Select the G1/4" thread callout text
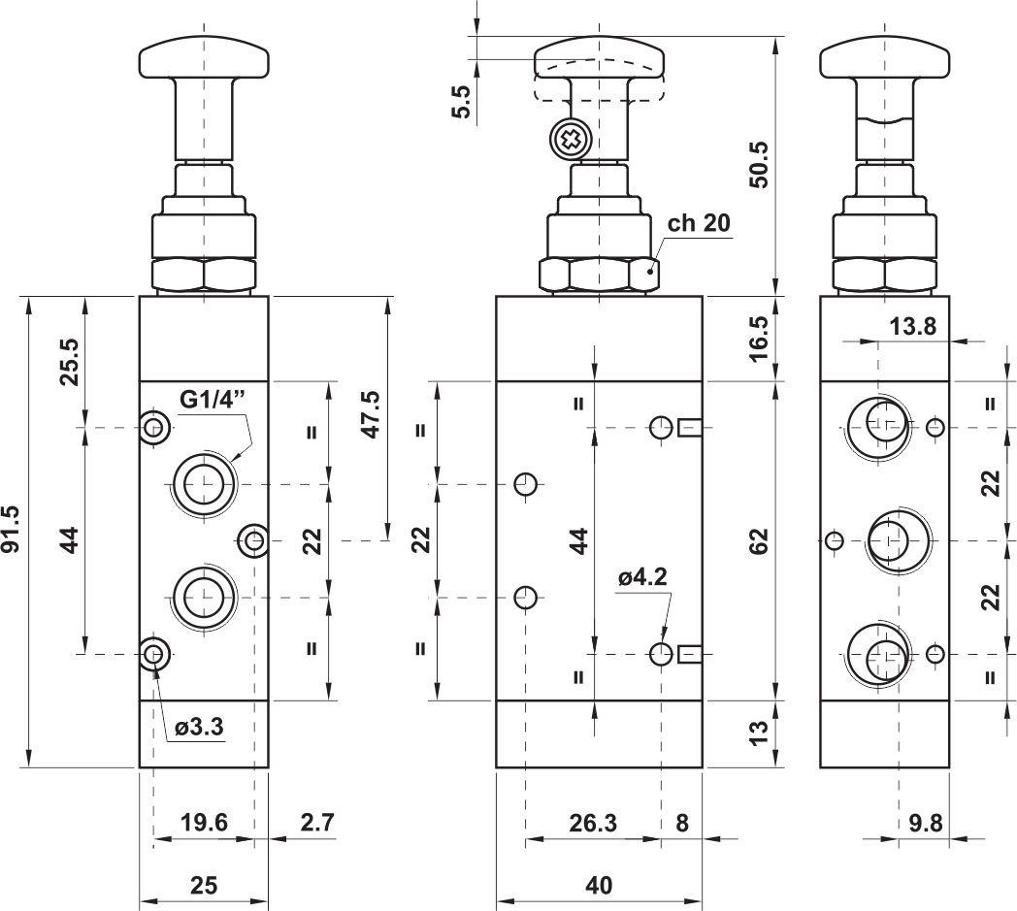coord(213,400)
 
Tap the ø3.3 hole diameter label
coord(199,727)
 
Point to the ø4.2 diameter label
coord(642,576)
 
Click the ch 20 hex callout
coord(699,223)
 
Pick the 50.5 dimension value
coord(758,165)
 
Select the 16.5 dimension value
coord(758,338)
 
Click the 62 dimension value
coord(758,540)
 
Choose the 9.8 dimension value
coord(926,824)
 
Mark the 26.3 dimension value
coord(593,824)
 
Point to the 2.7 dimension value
coord(317,823)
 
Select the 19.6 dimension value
coord(205,823)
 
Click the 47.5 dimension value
coord(371,414)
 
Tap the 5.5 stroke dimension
coord(461,102)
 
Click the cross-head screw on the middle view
coord(569,140)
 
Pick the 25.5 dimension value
coord(70,362)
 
